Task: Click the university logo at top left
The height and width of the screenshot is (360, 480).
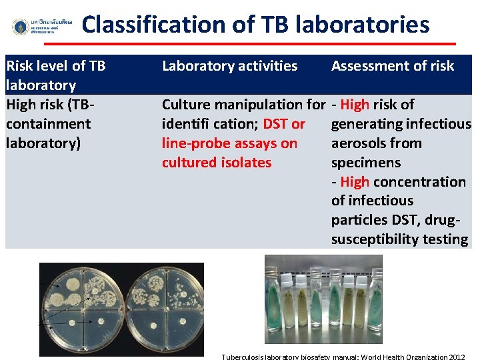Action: [x=21, y=27]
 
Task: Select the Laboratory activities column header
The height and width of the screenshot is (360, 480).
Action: [x=229, y=66]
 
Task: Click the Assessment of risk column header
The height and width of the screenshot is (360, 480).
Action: [x=392, y=66]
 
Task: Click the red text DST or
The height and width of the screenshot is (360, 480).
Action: [x=284, y=124]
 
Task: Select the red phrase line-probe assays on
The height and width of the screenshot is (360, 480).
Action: [x=229, y=143]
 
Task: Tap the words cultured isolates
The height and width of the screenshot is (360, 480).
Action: [x=217, y=163]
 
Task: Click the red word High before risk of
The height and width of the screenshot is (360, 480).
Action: [x=354, y=105]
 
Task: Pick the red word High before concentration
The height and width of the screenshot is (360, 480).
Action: [x=354, y=182]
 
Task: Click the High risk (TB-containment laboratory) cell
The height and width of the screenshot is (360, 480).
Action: [x=49, y=124]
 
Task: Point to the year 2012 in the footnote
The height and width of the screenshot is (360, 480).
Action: [x=457, y=357]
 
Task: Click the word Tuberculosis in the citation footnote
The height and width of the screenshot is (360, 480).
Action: [x=244, y=357]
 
